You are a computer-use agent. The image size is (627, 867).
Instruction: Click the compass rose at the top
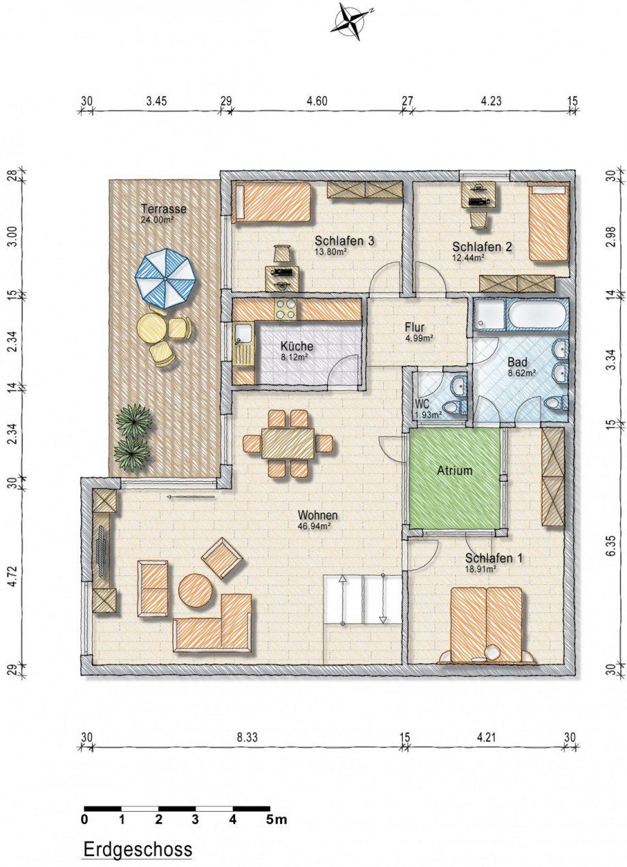click(351, 20)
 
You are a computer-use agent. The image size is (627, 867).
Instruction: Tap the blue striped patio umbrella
click(165, 278)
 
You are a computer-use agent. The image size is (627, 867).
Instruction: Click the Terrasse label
click(164, 209)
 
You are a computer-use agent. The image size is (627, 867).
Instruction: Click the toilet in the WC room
click(454, 406)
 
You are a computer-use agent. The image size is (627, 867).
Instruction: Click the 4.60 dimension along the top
click(317, 102)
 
